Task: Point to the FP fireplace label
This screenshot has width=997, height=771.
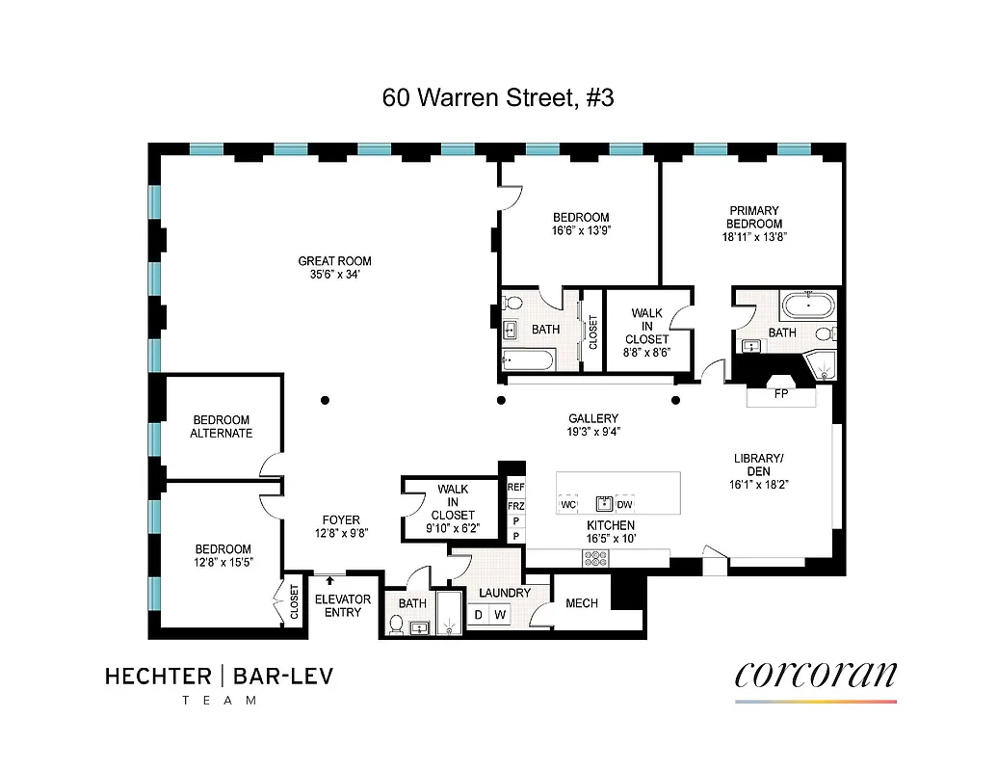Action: click(781, 394)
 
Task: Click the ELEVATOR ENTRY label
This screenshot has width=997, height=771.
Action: click(343, 606)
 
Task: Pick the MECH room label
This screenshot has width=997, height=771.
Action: click(582, 603)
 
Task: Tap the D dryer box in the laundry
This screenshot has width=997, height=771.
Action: click(478, 615)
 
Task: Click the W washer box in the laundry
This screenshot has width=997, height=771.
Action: click(500, 615)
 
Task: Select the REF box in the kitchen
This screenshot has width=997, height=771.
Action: click(516, 488)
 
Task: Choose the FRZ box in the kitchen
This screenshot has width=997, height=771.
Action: click(516, 505)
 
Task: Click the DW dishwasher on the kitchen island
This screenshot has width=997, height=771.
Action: click(624, 504)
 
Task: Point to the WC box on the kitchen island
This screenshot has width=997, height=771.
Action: click(568, 504)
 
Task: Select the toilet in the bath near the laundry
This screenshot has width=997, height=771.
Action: click(395, 625)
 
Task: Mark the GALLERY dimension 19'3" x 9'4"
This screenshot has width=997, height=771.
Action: click(592, 432)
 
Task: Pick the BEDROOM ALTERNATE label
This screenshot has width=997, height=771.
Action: click(222, 427)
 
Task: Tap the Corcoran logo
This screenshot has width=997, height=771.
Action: click(815, 674)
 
